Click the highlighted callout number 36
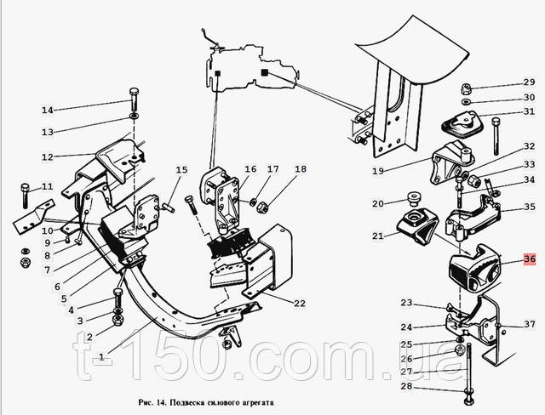(530, 259)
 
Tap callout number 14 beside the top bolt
(48, 110)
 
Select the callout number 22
(300, 304)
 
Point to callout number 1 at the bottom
(101, 356)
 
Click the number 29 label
(529, 82)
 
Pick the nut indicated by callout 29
(466, 88)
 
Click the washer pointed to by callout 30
(466, 102)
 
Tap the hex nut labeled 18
(261, 207)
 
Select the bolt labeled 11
(25, 196)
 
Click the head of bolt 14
(135, 93)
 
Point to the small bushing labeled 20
(413, 198)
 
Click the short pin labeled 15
(169, 207)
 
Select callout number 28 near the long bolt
(406, 386)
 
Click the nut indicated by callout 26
(460, 350)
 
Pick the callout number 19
(378, 171)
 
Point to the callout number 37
(530, 324)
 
